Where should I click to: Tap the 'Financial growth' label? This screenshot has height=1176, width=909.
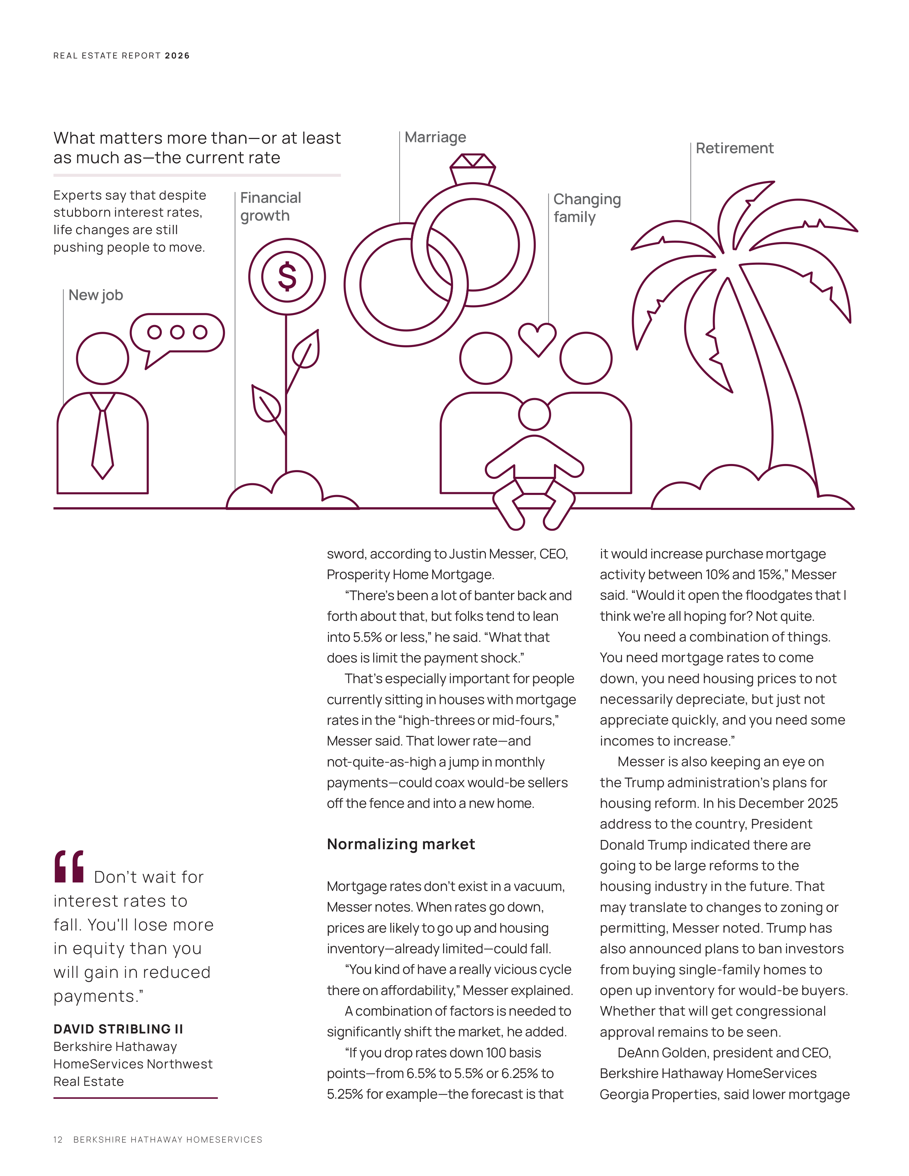tap(270, 207)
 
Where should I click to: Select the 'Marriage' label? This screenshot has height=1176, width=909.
tap(435, 138)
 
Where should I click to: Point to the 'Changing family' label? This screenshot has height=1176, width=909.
tap(587, 208)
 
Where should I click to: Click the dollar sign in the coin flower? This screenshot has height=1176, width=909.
tap(287, 277)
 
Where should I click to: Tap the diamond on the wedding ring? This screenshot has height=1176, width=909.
tap(472, 161)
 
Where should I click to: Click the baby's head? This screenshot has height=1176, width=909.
tap(534, 414)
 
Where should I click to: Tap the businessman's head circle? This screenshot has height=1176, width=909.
tap(102, 358)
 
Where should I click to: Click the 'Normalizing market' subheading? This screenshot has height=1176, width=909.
tap(401, 844)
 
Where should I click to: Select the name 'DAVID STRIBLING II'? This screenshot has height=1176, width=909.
tap(118, 1029)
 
